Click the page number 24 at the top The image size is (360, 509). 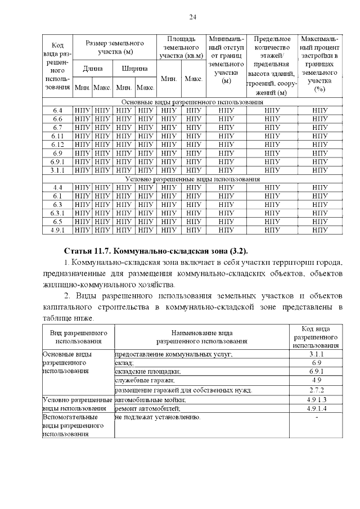[192, 17]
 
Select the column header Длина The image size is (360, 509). [93, 69]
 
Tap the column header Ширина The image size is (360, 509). [135, 69]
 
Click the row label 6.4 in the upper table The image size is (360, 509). [57, 111]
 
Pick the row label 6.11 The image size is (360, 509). [57, 136]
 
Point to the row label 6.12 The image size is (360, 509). [57, 145]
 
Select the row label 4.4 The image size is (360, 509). [57, 187]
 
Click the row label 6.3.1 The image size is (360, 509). [57, 213]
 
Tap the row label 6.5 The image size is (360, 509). [57, 222]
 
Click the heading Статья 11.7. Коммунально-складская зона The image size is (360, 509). [156, 250]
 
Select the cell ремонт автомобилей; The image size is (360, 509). [147, 408]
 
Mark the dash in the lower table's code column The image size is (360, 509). [318, 417]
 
